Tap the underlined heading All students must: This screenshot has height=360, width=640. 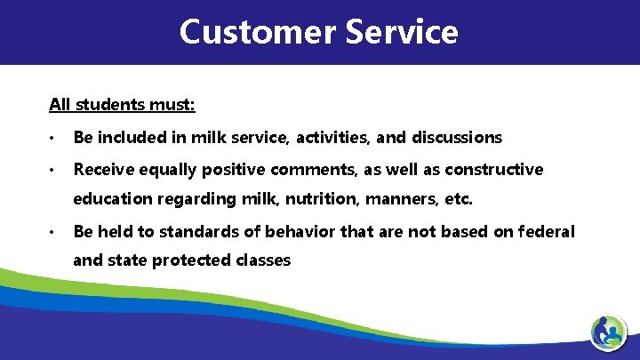(122, 105)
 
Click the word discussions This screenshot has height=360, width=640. (457, 138)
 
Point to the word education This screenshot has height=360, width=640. (110, 199)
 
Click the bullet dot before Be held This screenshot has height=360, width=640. (54, 232)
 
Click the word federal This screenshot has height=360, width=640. (548, 231)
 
